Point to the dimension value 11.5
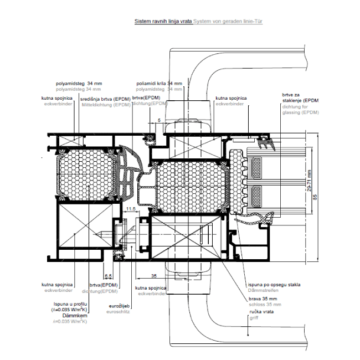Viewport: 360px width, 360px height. pyautogui.click(x=131, y=209)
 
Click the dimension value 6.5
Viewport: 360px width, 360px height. pyautogui.click(x=108, y=275)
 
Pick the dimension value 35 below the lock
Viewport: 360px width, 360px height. pyautogui.click(x=154, y=275)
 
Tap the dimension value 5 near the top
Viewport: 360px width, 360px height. pyautogui.click(x=159, y=120)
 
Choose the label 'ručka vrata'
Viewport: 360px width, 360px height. pyautogui.click(x=260, y=312)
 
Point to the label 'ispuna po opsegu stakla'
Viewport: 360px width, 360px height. pyautogui.click(x=274, y=285)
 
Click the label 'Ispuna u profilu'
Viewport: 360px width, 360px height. pyautogui.click(x=71, y=304)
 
